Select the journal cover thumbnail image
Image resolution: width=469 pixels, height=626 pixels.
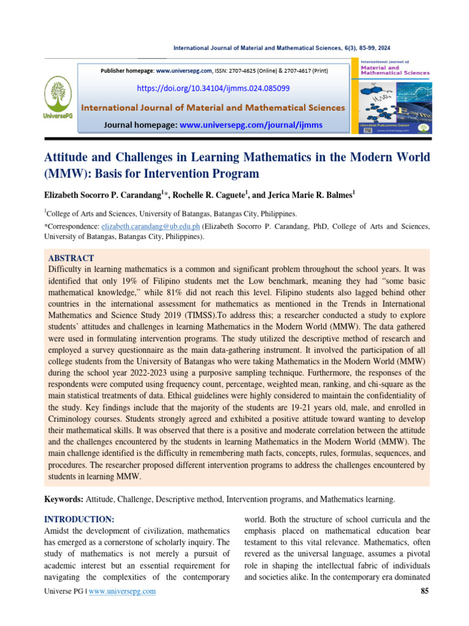coord(396,95)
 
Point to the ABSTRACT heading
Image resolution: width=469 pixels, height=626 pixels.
coord(70,258)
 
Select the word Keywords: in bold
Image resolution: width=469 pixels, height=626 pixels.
coord(64,499)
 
